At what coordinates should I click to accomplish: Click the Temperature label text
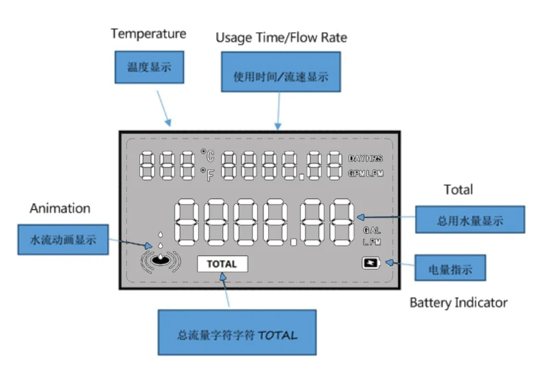pyautogui.click(x=148, y=34)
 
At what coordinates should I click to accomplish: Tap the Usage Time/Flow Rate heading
pyautogui.click(x=281, y=38)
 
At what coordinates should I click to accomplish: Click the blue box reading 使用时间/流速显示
pyautogui.click(x=281, y=76)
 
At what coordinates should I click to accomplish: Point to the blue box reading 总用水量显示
pyautogui.click(x=470, y=220)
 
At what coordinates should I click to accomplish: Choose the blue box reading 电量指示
pyautogui.click(x=451, y=267)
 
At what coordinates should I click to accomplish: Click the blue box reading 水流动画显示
pyautogui.click(x=62, y=240)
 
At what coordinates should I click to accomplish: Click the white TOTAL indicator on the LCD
pyautogui.click(x=222, y=264)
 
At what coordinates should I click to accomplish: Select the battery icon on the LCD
pyautogui.click(x=371, y=263)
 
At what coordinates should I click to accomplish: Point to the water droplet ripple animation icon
pyautogui.click(x=159, y=257)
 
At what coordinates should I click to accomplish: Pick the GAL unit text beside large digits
pyautogui.click(x=371, y=231)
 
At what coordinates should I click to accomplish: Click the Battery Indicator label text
pyautogui.click(x=458, y=303)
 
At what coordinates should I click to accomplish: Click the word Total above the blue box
pyautogui.click(x=458, y=189)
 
